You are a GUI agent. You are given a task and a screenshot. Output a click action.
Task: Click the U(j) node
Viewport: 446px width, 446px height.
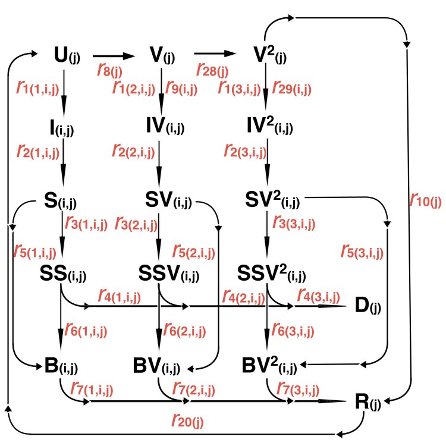[65, 57]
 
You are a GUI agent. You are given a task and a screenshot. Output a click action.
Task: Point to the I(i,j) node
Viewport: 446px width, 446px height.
[62, 127]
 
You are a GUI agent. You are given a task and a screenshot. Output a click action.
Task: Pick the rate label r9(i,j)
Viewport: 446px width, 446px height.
[181, 88]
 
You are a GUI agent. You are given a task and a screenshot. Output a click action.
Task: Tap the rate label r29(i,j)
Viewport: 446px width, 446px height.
[292, 88]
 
